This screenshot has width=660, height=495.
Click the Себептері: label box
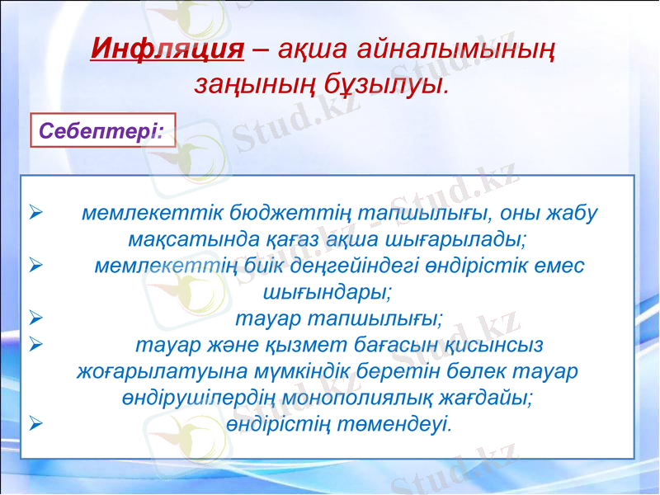[103, 130]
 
